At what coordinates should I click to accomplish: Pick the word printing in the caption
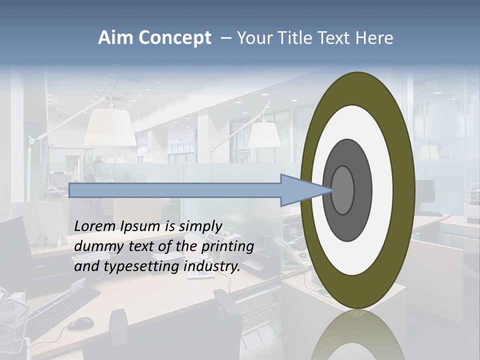coord(229,246)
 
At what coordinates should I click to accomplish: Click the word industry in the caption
coord(212,266)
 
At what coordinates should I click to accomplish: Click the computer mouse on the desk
coord(80,324)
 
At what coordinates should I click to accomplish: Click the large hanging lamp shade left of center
coord(110,128)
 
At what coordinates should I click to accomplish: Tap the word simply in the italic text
coord(200,226)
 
